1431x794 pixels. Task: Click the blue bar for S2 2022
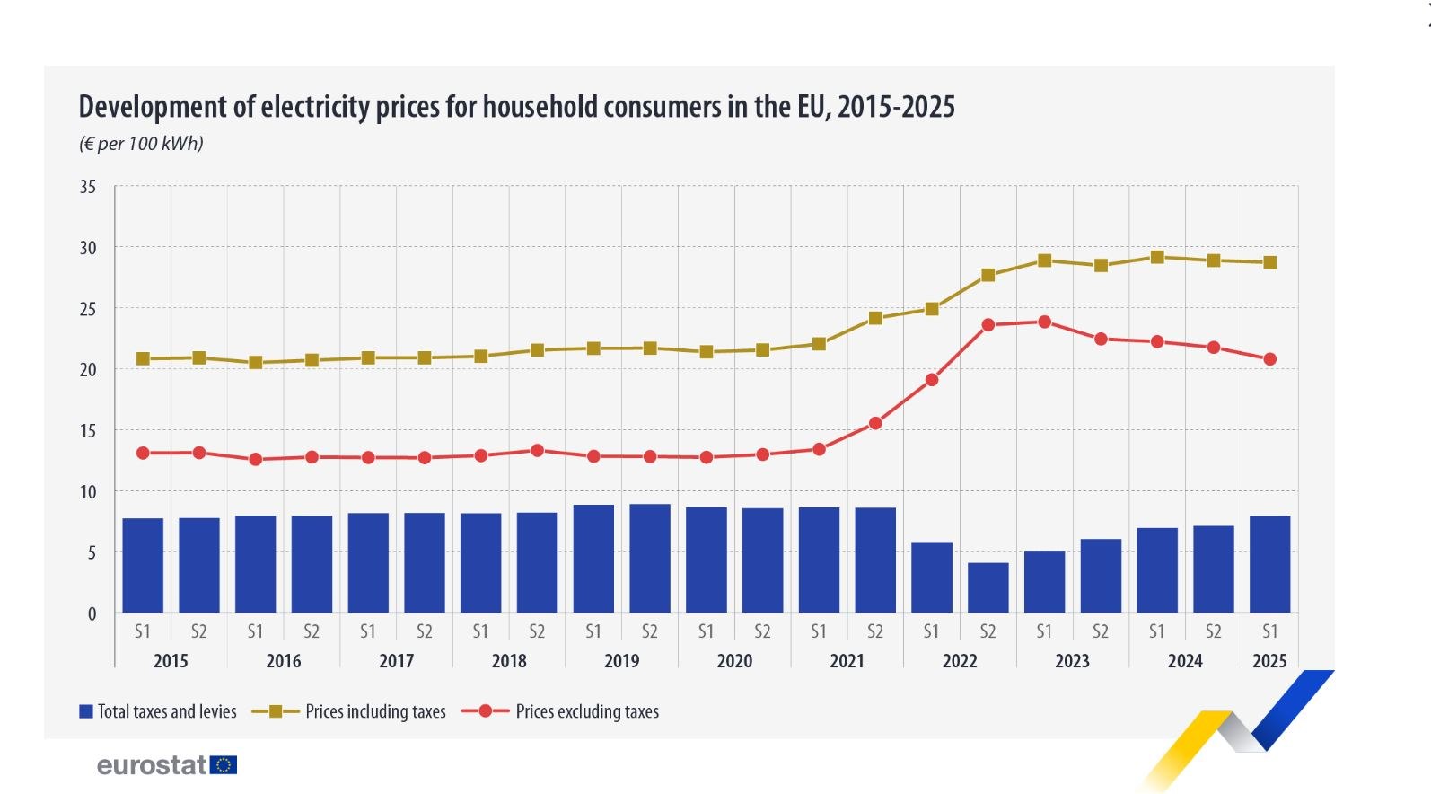coord(988,587)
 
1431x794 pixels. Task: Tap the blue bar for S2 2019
coord(650,558)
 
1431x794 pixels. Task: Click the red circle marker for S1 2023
coord(1044,322)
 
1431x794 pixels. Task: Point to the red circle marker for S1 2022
coord(932,380)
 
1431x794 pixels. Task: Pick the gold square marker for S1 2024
coord(1157,257)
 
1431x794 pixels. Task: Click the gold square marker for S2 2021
coord(875,318)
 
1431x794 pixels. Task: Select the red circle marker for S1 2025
coord(1269,359)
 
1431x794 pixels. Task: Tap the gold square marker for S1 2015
coord(143,358)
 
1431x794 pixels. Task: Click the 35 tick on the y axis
coord(88,187)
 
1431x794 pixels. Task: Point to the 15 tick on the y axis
coord(88,431)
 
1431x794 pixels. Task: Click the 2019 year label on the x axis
coord(621,661)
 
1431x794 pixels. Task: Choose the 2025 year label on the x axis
coord(1269,661)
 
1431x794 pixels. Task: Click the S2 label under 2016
coord(312,631)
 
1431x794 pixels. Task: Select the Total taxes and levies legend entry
coord(158,711)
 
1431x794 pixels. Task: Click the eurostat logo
coord(167,765)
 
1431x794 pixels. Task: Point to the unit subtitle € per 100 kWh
coord(142,144)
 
